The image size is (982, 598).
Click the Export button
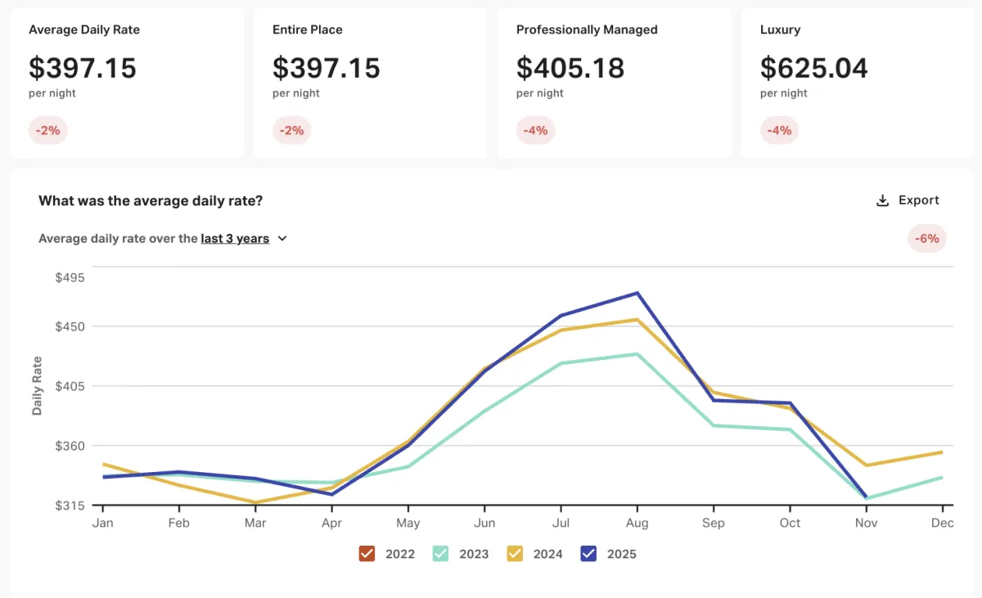point(908,200)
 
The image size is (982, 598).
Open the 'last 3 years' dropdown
point(244,239)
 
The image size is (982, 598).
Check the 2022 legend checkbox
point(367,554)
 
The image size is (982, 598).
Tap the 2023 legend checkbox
point(440,554)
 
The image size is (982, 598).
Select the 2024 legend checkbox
point(515,554)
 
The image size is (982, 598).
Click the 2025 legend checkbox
point(588,554)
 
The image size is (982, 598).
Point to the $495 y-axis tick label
point(70,277)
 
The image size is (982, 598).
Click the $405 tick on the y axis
point(70,386)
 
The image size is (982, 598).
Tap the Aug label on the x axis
point(637,523)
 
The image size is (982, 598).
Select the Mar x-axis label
point(255,523)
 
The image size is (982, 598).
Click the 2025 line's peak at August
point(637,293)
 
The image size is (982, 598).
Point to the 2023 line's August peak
point(637,354)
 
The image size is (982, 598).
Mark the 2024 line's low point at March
point(255,502)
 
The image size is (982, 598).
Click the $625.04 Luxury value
point(813,68)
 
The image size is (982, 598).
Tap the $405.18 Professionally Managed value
point(570,68)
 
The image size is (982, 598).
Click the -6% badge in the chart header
point(926,239)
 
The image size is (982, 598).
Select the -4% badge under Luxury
point(780,130)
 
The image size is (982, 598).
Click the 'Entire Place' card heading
point(307,29)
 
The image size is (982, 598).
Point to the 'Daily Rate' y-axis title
point(37,386)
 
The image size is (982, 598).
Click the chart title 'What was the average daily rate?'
point(151,200)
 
